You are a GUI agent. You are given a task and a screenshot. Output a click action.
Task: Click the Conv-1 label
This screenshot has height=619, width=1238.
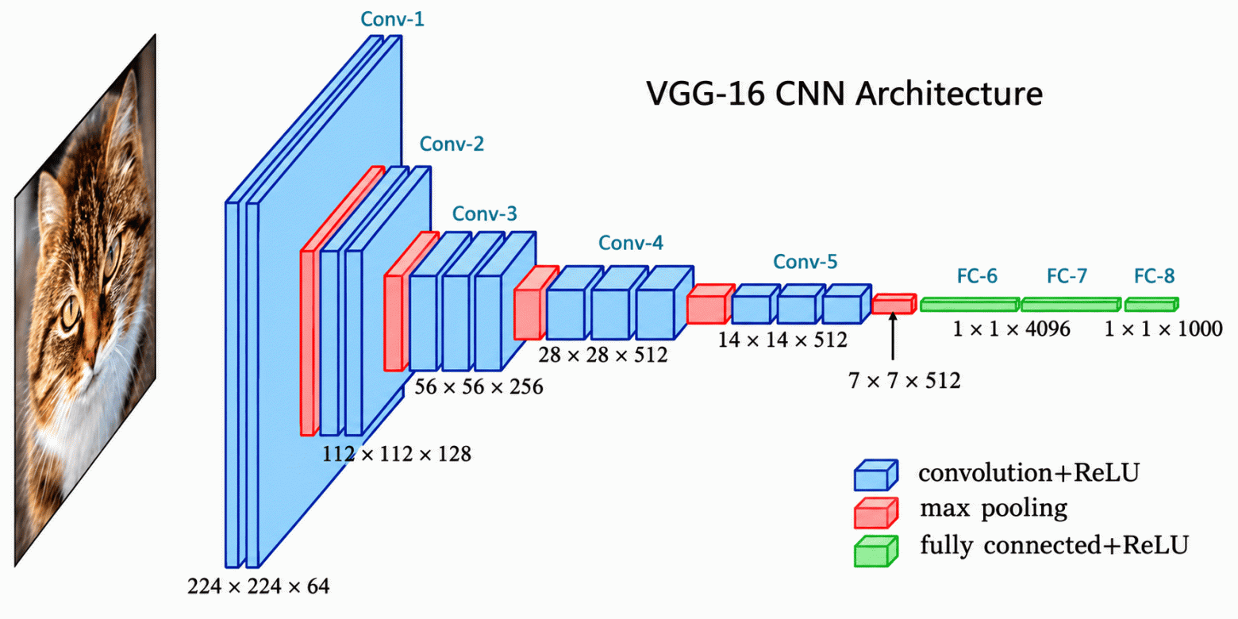pyautogui.click(x=392, y=19)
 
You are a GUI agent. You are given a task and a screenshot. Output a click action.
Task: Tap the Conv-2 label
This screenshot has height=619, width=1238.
pyautogui.click(x=452, y=144)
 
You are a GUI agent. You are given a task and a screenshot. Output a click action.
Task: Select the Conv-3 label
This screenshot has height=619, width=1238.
pyautogui.click(x=485, y=214)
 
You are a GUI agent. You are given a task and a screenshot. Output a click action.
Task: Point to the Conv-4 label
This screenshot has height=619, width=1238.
pyautogui.click(x=631, y=243)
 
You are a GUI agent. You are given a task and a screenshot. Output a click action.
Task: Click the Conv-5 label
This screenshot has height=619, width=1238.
pyautogui.click(x=805, y=261)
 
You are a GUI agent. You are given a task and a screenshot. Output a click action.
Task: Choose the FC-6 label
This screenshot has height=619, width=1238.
pyautogui.click(x=977, y=276)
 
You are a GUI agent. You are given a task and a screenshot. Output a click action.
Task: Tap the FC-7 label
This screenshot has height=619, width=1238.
pyautogui.click(x=1067, y=276)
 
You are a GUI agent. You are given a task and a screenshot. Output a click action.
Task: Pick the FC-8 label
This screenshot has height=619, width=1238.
pyautogui.click(x=1155, y=276)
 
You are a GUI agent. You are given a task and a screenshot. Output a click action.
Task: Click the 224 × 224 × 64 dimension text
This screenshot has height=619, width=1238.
pyautogui.click(x=258, y=586)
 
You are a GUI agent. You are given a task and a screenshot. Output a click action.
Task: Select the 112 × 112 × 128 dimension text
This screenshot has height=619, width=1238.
pyautogui.click(x=396, y=454)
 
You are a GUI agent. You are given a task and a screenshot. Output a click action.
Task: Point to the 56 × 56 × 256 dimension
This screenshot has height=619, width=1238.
pyautogui.click(x=479, y=387)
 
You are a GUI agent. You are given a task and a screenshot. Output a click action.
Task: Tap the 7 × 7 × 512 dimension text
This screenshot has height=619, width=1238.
pyautogui.click(x=904, y=381)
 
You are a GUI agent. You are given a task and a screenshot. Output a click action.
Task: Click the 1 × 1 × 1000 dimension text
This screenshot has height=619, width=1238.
pyautogui.click(x=1163, y=329)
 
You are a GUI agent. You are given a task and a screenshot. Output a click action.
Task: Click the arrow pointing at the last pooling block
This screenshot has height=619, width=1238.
pyautogui.click(x=893, y=336)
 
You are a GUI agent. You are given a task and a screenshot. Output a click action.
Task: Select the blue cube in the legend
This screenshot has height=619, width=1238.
pyautogui.click(x=876, y=475)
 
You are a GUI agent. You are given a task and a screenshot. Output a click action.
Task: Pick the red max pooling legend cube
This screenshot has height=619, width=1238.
pyautogui.click(x=876, y=513)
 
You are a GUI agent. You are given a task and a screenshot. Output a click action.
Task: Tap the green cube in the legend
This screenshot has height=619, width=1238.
pyautogui.click(x=876, y=551)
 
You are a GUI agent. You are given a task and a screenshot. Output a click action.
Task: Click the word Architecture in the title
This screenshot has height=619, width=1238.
pyautogui.click(x=949, y=94)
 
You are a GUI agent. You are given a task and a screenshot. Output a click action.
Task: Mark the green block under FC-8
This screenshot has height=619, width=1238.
pyautogui.click(x=1151, y=305)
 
